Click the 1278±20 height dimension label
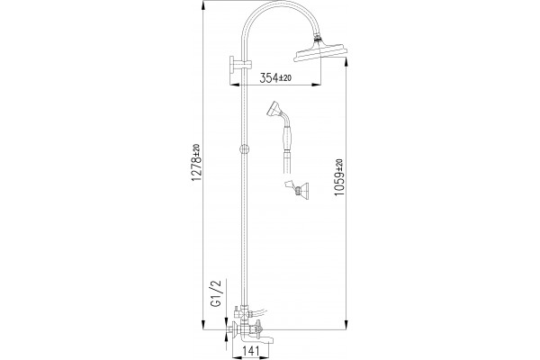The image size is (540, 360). pyautogui.click(x=196, y=162)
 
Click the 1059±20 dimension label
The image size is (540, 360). pyautogui.click(x=339, y=177)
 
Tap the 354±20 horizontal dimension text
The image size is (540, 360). pyautogui.click(x=275, y=78)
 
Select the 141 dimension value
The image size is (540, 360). pyautogui.click(x=251, y=351)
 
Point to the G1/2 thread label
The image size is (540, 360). pyautogui.click(x=217, y=292)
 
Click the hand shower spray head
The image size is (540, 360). pyautogui.click(x=274, y=110)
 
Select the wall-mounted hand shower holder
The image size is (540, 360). pyautogui.click(x=297, y=188)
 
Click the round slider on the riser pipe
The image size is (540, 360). pyautogui.click(x=244, y=149)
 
